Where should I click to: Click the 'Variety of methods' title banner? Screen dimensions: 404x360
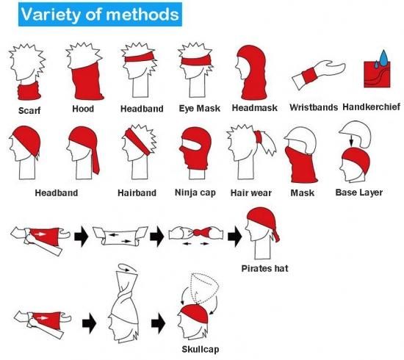pos(100,15)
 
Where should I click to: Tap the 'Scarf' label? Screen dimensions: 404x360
pos(29,110)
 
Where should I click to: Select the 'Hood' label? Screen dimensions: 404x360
pos(83,109)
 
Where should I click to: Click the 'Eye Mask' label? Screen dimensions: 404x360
pos(200,108)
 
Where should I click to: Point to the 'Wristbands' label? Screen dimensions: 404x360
pos(314,107)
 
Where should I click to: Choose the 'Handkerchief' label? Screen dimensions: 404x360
pos(371,107)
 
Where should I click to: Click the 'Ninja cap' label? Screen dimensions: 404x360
pos(195,192)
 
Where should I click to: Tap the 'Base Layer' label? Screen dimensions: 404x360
pos(359,192)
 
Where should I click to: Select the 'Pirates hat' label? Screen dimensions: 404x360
pos(264,268)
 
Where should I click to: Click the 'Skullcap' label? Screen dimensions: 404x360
pos(201,349)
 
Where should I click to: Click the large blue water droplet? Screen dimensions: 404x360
pos(383,58)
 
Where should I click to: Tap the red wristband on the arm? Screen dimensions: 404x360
pos(310,76)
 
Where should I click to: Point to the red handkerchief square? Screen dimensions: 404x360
pos(377,75)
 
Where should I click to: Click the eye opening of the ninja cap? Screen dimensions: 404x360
pos(192,145)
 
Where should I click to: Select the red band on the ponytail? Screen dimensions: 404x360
pos(258,137)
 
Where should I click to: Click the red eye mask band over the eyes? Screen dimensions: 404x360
pos(196,61)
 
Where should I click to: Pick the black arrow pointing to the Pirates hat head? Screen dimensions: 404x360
pos(234,236)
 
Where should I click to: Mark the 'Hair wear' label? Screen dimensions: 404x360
pos(251,192)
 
